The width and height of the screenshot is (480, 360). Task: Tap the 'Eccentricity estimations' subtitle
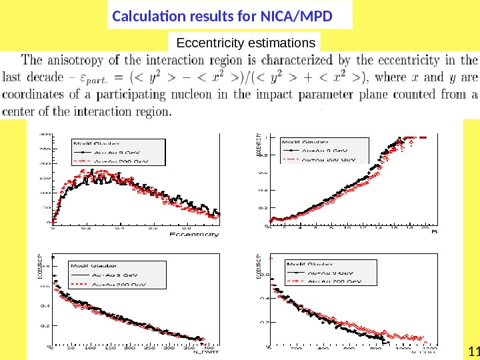point(245,43)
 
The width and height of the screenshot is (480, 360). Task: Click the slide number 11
point(474,352)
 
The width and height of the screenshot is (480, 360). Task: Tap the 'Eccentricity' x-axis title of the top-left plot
point(194,234)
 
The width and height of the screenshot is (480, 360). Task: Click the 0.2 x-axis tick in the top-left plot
point(86,227)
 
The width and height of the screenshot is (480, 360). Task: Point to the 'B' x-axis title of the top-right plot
point(434,232)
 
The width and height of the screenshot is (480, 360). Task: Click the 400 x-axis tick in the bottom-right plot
point(323,348)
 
